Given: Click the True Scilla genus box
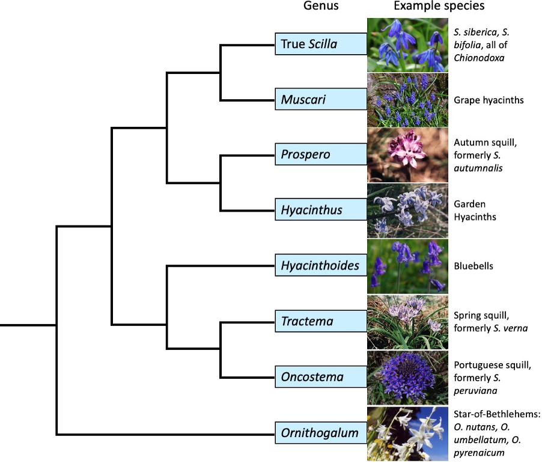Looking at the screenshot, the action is pyautogui.click(x=321, y=44).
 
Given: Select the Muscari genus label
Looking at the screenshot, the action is pyautogui.click(x=321, y=99).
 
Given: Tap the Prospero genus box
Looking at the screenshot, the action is pyautogui.click(x=321, y=154).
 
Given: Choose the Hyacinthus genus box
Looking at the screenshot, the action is pyautogui.click(x=321, y=209).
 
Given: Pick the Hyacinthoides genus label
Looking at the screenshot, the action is pyautogui.click(x=321, y=265).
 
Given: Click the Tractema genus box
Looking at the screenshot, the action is pyautogui.click(x=321, y=321).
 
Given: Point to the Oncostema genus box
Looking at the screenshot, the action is pyautogui.click(x=321, y=376).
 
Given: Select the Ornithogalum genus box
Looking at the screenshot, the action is pyautogui.click(x=321, y=432).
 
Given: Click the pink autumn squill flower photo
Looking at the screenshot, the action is pyautogui.click(x=407, y=155).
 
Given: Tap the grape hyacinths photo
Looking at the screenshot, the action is pyautogui.click(x=407, y=100).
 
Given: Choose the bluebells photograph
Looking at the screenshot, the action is pyautogui.click(x=407, y=266).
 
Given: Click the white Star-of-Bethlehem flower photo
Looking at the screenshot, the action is pyautogui.click(x=407, y=434).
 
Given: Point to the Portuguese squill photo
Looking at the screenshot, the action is pyautogui.click(x=407, y=378).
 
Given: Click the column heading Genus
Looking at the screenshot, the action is pyautogui.click(x=321, y=6).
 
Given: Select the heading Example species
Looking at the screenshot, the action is pyautogui.click(x=439, y=6).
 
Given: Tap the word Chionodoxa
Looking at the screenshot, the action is pyautogui.click(x=479, y=58).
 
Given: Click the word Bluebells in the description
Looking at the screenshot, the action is pyautogui.click(x=473, y=266).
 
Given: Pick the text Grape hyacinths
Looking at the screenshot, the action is pyautogui.click(x=489, y=100).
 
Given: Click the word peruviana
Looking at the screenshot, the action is pyautogui.click(x=475, y=391).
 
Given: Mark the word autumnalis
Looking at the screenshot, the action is pyautogui.click(x=478, y=168).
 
